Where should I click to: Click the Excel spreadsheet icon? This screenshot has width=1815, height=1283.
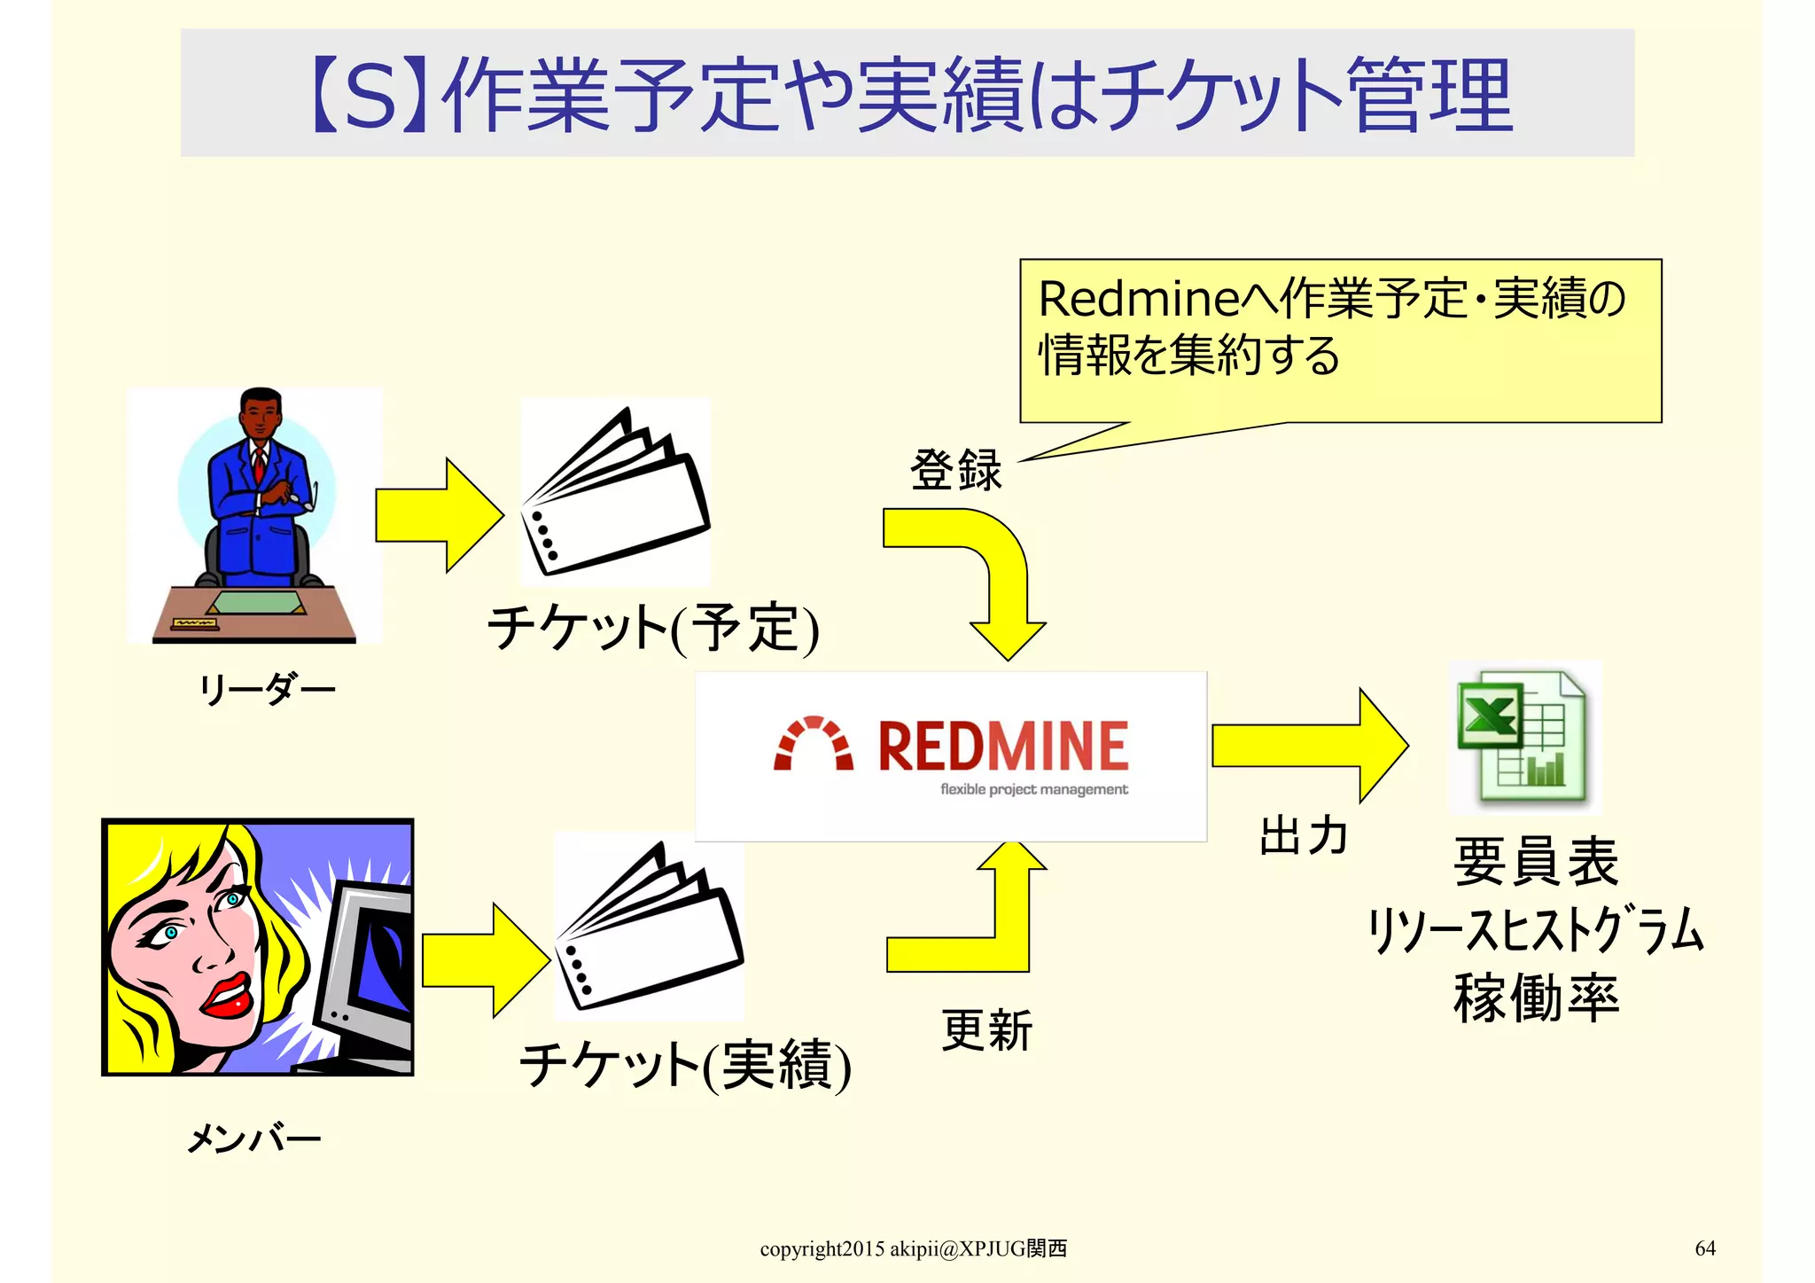point(1523,738)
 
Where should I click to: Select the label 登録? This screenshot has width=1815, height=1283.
point(955,469)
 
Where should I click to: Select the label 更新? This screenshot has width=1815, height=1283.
point(986,1030)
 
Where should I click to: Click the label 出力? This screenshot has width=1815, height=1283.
point(1303,835)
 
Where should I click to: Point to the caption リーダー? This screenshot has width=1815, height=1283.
point(266,688)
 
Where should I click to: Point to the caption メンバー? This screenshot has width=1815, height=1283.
point(253,1138)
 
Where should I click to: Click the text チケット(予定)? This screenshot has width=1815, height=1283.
point(653,628)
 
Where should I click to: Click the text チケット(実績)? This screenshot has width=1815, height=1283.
point(684,1065)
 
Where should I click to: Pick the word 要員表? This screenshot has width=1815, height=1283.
point(1536,861)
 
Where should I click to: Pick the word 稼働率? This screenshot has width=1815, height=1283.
point(1536,997)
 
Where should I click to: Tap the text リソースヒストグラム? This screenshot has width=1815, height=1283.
point(1536,930)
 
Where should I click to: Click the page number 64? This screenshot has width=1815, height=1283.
point(1704,1248)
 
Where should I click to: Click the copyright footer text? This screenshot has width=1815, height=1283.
point(913,1248)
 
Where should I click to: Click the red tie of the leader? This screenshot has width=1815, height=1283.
point(259,465)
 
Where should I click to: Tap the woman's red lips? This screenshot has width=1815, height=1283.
point(229,997)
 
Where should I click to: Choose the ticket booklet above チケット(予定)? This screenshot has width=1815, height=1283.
point(617,493)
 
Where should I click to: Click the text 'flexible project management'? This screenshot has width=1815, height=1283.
point(1033,789)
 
